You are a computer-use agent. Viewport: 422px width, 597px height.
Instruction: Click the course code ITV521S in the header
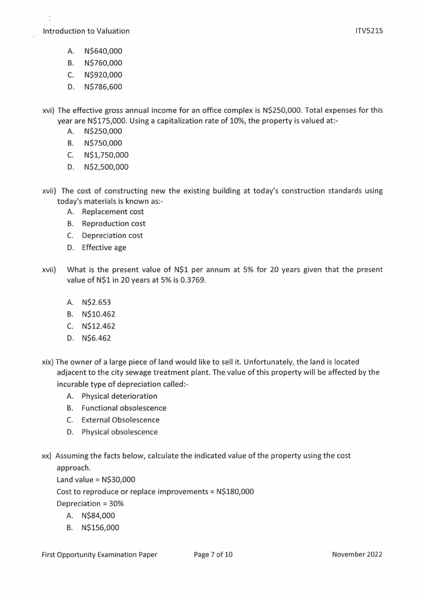coord(369,31)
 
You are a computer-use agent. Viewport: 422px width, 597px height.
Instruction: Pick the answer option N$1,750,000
coord(106,155)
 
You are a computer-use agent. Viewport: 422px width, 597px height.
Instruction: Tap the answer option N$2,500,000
coord(106,167)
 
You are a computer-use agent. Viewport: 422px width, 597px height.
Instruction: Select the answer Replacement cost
coord(113,212)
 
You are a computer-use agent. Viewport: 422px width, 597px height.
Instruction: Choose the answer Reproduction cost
coord(113,223)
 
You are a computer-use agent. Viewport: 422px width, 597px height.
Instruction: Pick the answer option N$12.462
coord(98,326)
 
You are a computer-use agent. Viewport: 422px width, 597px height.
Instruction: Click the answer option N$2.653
coord(96,302)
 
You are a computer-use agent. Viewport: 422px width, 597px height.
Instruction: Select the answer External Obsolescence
coord(120,420)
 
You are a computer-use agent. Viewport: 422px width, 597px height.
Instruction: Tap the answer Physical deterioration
coord(120,396)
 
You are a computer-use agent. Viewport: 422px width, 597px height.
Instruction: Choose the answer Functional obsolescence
coord(124,408)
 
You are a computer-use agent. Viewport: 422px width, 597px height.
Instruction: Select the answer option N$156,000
coord(100,527)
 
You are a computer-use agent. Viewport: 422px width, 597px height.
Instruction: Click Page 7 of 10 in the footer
coord(213,554)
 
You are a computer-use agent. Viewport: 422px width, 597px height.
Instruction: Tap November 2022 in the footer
coord(357,554)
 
